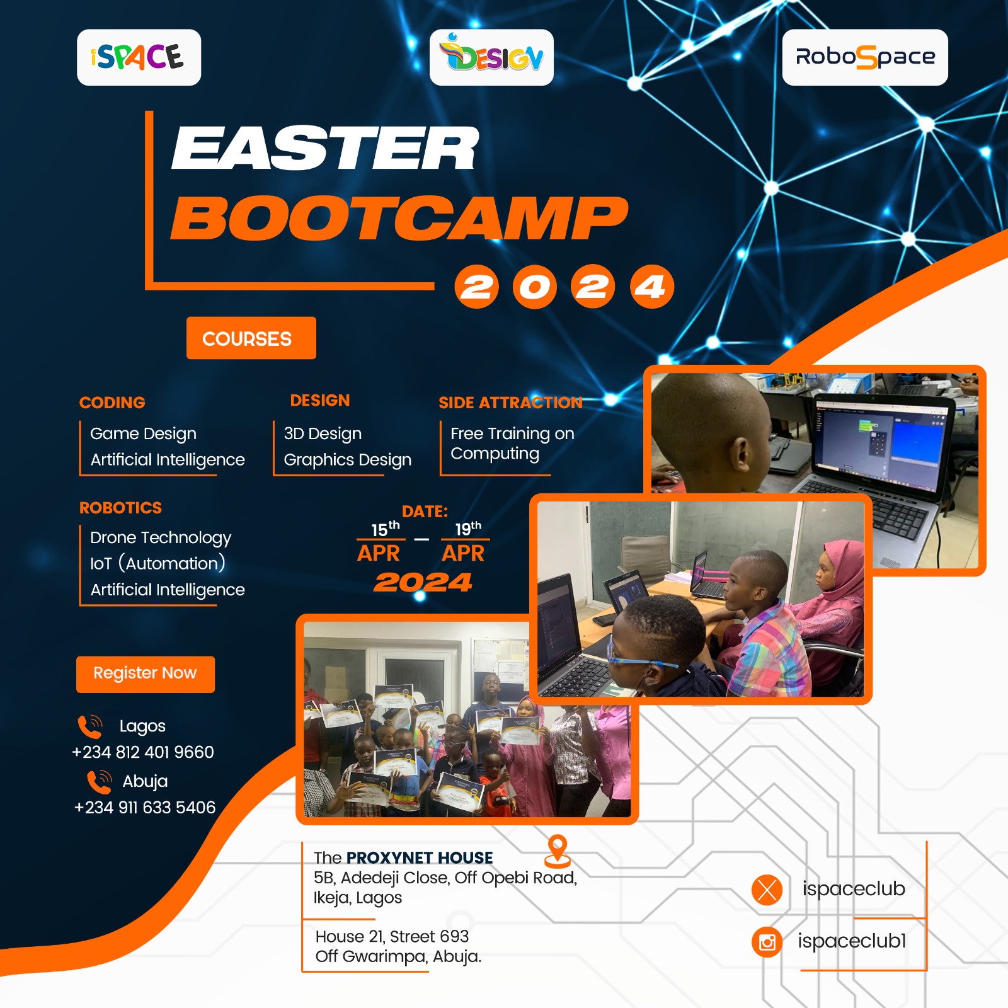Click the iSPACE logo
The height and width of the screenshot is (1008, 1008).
[x=139, y=57]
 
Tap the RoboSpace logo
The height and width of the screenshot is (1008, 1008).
[x=864, y=57]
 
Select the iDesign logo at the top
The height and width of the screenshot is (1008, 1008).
[x=491, y=57]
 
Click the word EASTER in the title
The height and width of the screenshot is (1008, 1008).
[x=325, y=149]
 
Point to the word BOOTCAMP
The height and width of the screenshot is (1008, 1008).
[x=399, y=218]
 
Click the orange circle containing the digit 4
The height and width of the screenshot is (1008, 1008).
[x=651, y=287]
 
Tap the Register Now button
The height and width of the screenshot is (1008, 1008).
[x=146, y=674]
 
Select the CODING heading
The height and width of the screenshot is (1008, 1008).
[x=112, y=403]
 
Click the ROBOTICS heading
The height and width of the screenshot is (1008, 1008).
[x=120, y=508]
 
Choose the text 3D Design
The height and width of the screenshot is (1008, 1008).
[x=323, y=433]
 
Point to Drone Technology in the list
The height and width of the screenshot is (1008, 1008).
[x=161, y=537]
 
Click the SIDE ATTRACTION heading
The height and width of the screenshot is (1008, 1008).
[x=510, y=403]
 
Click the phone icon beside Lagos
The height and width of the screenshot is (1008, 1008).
[x=90, y=726]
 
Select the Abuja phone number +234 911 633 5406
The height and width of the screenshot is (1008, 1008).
[x=145, y=808]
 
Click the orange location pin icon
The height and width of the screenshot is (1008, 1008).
[x=558, y=850]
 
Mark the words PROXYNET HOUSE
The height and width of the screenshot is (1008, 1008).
[x=420, y=857]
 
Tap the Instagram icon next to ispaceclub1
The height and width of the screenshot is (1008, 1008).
[x=767, y=942]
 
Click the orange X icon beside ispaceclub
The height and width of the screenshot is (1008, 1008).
[x=767, y=890]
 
